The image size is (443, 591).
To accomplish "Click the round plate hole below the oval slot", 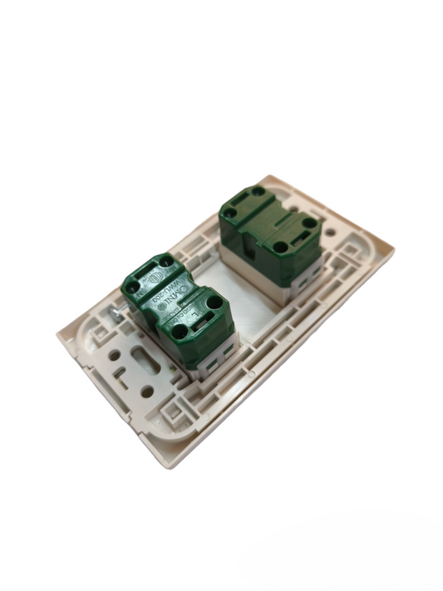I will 148,391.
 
